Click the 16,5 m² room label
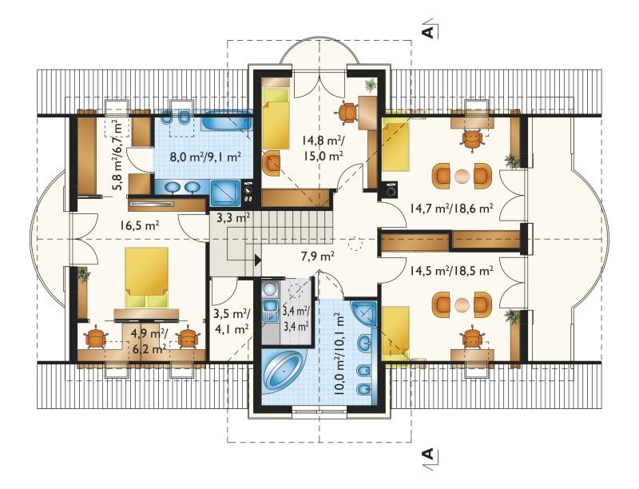click(139, 225)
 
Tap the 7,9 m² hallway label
click(316, 256)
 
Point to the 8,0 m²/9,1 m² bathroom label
click(205, 157)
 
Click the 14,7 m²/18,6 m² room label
click(452, 209)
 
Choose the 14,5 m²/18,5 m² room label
click(452, 270)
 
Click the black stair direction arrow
click(257, 260)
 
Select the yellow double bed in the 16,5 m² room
click(147, 277)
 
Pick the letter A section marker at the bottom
click(428, 454)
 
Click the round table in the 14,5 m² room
click(462, 304)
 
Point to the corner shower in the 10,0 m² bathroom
click(365, 314)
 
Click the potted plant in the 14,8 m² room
click(371, 85)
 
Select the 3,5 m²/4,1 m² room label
click(232, 320)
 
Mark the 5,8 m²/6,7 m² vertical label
click(117, 155)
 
